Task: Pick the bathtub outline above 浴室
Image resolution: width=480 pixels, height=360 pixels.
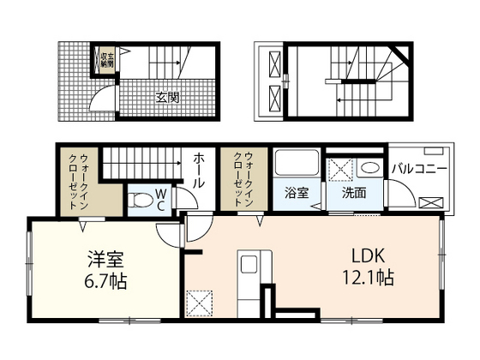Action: [296, 165]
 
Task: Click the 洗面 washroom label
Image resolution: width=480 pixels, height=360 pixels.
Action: [353, 193]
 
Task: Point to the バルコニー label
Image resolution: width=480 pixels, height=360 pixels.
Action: [420, 169]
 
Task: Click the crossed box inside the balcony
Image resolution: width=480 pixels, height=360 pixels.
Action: [431, 203]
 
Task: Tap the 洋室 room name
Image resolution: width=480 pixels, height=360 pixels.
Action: [107, 257]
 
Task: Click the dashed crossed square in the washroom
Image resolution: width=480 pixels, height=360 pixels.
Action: [340, 168]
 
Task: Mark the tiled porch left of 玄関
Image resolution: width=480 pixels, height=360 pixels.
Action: [76, 81]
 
